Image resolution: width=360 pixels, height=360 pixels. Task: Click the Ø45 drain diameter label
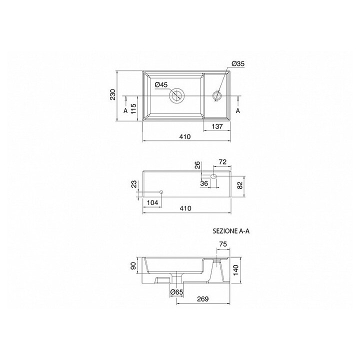[160, 84]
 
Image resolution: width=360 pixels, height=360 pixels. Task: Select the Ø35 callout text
[237, 63]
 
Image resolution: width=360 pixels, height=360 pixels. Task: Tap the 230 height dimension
[113, 95]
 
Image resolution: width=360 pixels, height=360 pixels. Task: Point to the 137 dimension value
[216, 127]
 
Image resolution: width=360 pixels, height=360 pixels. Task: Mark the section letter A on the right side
[238, 110]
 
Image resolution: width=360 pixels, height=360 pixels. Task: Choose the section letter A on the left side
[125, 110]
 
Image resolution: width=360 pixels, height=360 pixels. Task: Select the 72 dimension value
[222, 163]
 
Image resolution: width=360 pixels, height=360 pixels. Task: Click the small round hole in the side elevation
[161, 192]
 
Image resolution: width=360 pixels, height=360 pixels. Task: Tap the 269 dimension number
[202, 299]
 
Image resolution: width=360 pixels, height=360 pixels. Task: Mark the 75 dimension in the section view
[222, 244]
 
